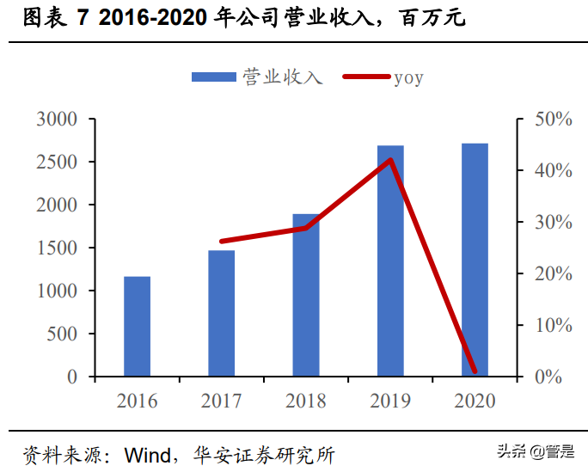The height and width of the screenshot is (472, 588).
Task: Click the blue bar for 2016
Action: point(137,327)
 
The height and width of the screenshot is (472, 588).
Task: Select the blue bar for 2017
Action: point(221,314)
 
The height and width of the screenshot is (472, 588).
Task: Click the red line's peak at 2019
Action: point(390,160)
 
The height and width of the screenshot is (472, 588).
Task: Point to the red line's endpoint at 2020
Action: point(475,371)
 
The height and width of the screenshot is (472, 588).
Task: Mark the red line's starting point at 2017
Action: point(222,242)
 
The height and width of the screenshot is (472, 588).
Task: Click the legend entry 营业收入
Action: point(258,77)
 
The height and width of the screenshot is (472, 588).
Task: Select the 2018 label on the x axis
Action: point(306,402)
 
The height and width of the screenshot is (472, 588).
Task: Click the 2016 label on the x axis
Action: point(138,402)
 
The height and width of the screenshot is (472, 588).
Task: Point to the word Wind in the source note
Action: point(147,453)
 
